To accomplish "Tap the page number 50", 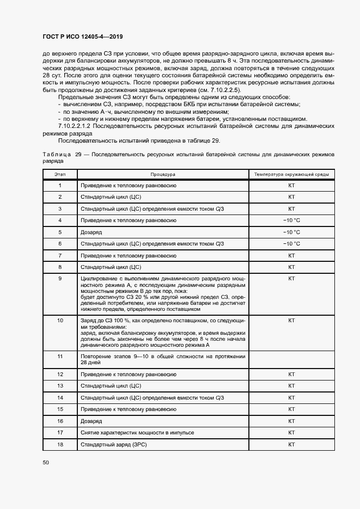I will [46, 462].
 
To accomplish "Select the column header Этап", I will [60, 174].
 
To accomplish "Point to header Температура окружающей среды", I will [291, 174].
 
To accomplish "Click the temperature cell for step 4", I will [291, 220].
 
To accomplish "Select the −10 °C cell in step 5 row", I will [291, 232].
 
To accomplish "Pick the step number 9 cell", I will [60, 279].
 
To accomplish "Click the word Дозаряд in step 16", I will [91, 421].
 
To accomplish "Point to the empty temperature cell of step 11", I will [291, 359].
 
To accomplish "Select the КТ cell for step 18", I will [291, 444].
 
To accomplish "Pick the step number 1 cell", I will [60, 186].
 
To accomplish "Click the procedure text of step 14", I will [152, 398].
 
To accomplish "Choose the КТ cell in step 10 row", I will [291, 321].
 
